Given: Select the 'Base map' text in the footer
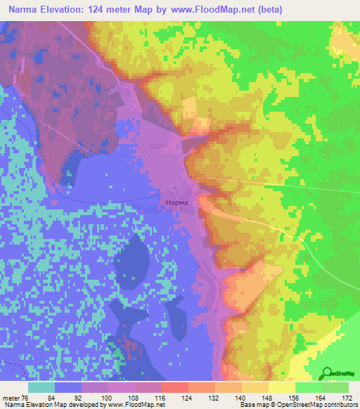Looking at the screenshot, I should [x=254, y=405].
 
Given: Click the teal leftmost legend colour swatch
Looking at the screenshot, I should [x=41, y=387].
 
